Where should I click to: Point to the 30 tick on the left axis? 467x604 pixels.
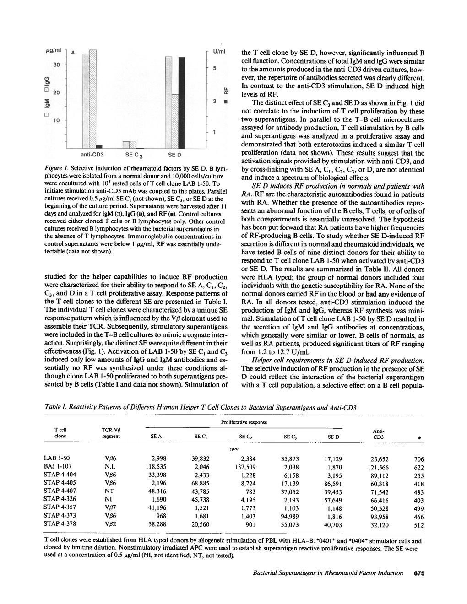click(x=56, y=65)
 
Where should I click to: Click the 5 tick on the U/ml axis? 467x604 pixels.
click(x=214, y=68)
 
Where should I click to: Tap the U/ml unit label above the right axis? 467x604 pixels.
click(x=219, y=51)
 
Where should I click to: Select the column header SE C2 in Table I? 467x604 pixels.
click(x=246, y=437)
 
